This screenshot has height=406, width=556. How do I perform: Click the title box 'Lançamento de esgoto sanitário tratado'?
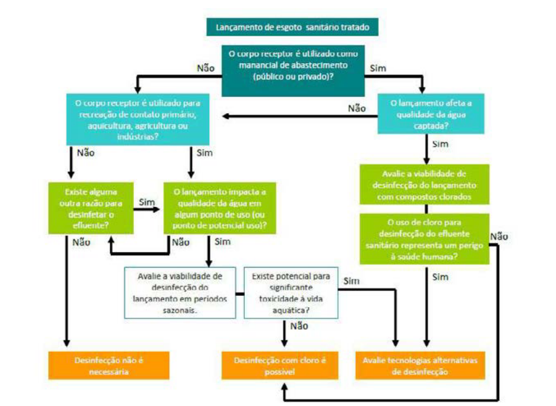pos(292,28)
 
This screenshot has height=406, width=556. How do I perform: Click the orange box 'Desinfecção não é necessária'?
pos(100,365)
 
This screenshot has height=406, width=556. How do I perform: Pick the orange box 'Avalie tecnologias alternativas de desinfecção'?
pos(420,365)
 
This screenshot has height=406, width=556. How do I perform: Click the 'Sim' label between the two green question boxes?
pos(147,202)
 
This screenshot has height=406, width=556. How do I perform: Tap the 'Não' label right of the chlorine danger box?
pos(498,236)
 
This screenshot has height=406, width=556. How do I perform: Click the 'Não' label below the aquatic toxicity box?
pos(299,325)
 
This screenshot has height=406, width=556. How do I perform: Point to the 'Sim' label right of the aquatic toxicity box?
pos(351,281)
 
